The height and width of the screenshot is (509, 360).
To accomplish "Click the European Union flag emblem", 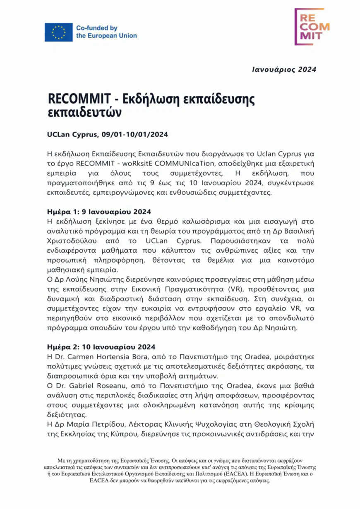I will pos(58,32).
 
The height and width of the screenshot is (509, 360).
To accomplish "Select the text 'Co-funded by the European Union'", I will pos(106,32).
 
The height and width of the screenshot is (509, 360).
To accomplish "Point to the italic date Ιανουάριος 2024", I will pos(284,69).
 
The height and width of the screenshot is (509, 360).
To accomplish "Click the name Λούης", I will pos(81,279).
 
